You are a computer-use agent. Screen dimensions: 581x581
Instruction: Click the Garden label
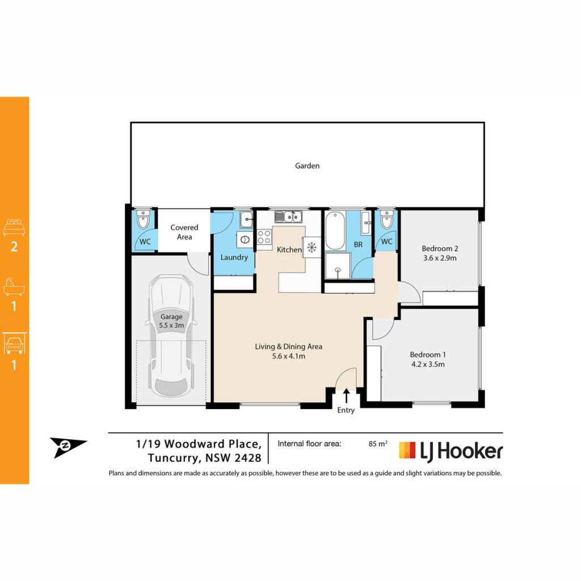[307, 166]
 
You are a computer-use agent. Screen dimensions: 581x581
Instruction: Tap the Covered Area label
[184, 232]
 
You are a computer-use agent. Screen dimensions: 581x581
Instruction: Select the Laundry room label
[234, 257]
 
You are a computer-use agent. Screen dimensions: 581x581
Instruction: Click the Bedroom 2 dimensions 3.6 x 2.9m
[440, 258]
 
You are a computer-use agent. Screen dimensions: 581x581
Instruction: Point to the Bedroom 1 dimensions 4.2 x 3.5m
[428, 364]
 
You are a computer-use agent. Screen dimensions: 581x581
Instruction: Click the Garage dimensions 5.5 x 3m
[171, 325]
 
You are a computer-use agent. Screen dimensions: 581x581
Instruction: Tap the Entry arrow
[346, 395]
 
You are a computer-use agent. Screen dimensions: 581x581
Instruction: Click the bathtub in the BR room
[335, 230]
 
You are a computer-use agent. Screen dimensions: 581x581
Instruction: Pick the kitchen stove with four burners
[264, 237]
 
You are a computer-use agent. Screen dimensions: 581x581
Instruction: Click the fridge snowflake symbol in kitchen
[311, 247]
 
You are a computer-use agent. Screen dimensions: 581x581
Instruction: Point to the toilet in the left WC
[142, 220]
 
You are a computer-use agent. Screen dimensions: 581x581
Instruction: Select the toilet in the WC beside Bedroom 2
[386, 220]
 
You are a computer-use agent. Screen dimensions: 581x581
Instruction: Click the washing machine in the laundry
[245, 240]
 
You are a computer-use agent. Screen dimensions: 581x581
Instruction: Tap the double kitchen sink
[288, 216]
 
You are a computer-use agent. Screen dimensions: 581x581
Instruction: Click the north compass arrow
[68, 446]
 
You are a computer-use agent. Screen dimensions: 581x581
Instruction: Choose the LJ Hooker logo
[451, 451]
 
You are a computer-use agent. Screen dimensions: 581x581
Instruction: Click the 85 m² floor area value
[378, 444]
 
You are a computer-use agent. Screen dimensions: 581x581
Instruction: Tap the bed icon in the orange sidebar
[14, 228]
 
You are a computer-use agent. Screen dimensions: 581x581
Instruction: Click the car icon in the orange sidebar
[14, 343]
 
